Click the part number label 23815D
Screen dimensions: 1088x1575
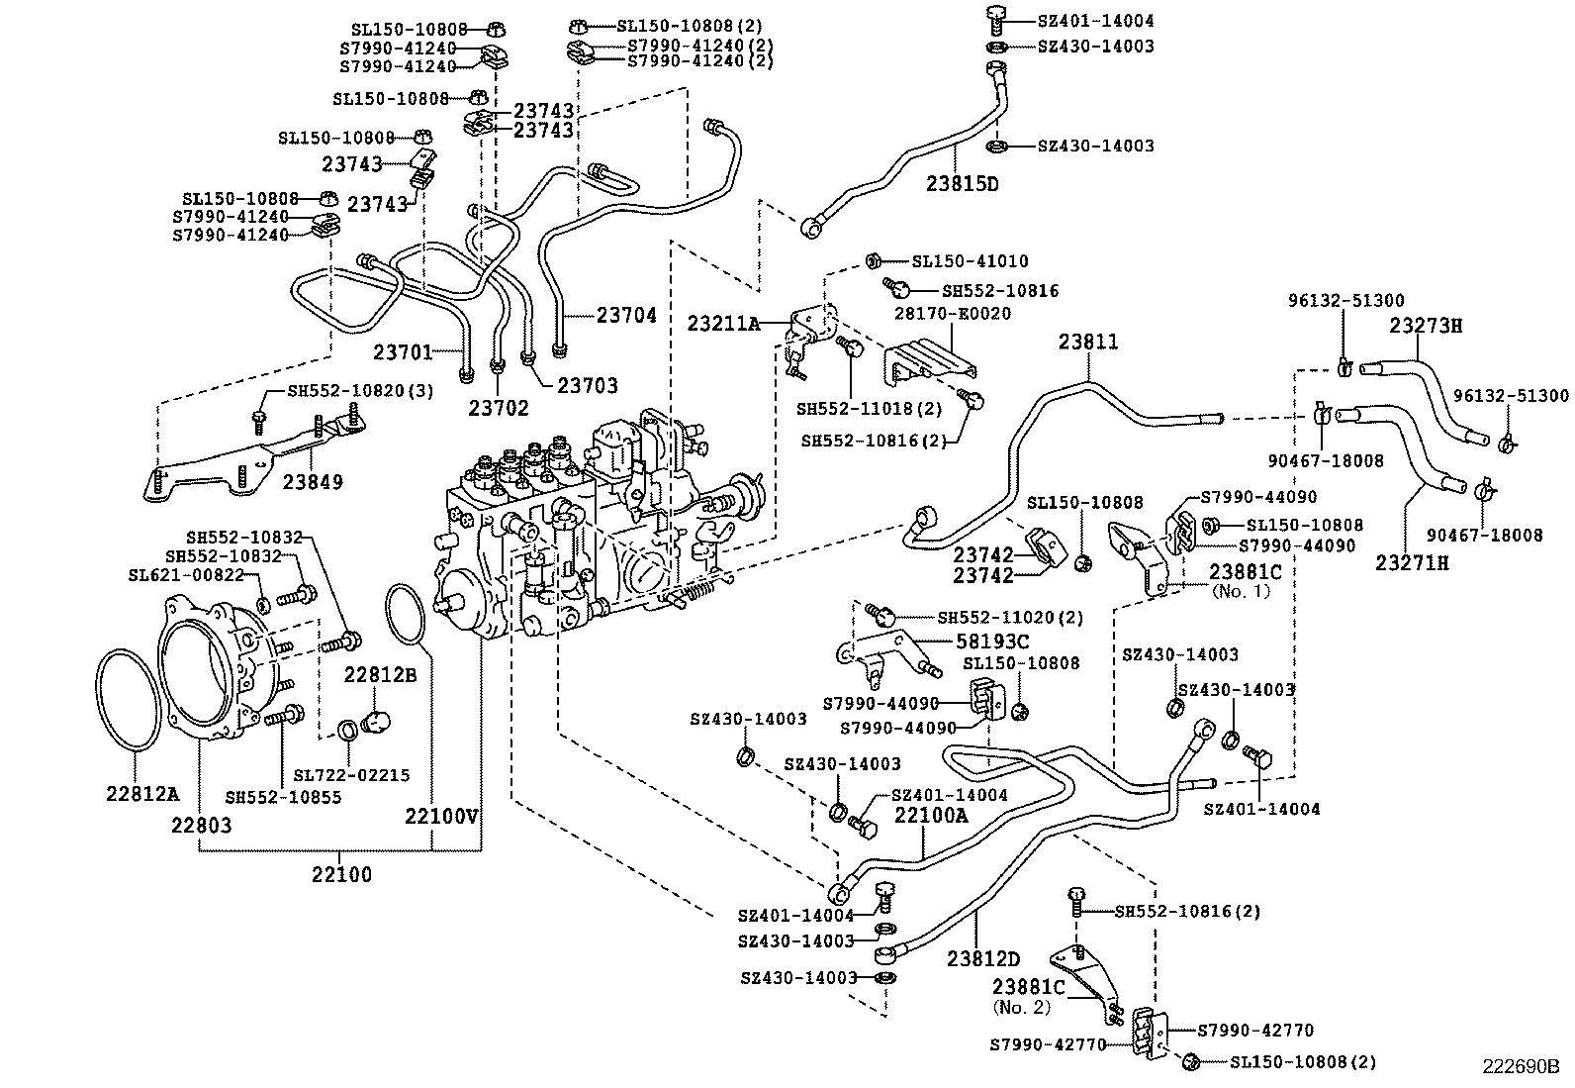point(963,184)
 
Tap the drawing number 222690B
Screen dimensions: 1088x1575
point(1519,1067)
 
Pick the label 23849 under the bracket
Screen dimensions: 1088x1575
point(313,482)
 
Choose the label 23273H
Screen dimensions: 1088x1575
point(1425,325)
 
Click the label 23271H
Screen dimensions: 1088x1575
point(1412,562)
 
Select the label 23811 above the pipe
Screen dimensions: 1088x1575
point(1088,343)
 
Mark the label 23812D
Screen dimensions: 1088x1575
point(982,958)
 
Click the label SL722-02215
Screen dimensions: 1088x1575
point(351,776)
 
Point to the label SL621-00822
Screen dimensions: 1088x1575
point(186,575)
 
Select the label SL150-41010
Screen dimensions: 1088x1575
point(970,261)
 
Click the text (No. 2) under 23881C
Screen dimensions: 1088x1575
point(1022,1007)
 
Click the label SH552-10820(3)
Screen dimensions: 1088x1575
point(360,391)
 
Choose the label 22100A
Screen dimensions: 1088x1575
point(931,815)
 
